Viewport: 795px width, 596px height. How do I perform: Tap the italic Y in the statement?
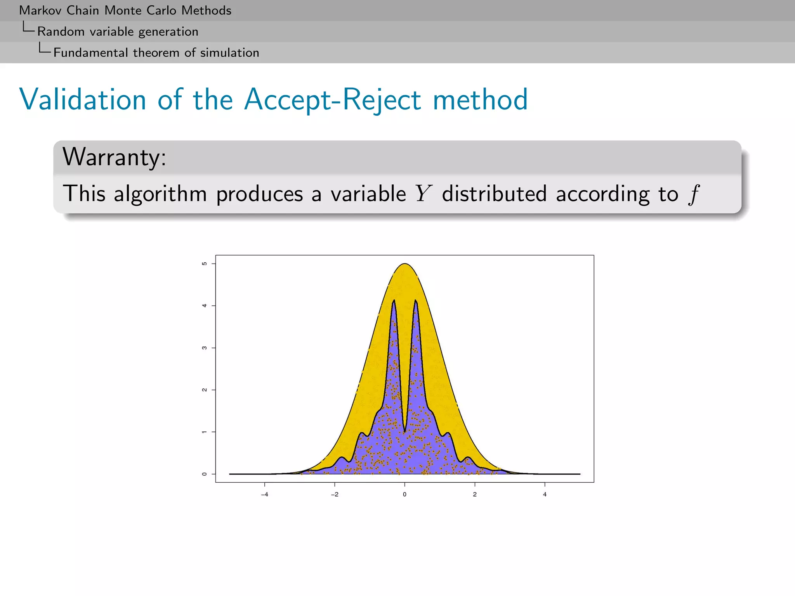pos(423,193)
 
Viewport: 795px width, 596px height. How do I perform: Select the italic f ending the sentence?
pos(694,194)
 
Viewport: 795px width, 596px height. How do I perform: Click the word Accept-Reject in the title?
pos(332,100)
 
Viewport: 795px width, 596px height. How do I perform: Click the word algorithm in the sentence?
pos(160,194)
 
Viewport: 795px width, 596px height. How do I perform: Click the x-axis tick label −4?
pos(264,494)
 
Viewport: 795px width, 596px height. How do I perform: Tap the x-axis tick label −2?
pos(334,494)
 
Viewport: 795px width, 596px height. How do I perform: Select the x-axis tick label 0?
pos(404,494)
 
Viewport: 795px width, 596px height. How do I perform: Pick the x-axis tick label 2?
pos(475,494)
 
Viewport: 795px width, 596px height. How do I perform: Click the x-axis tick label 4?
pos(545,494)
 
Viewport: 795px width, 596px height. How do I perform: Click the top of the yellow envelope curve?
pos(404,264)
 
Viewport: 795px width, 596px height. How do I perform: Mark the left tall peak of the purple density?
pos(394,301)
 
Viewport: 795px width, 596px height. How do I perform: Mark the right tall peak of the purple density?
pos(415,301)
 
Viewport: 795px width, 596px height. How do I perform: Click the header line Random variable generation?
pos(118,31)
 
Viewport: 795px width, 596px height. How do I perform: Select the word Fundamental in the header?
pos(90,52)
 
